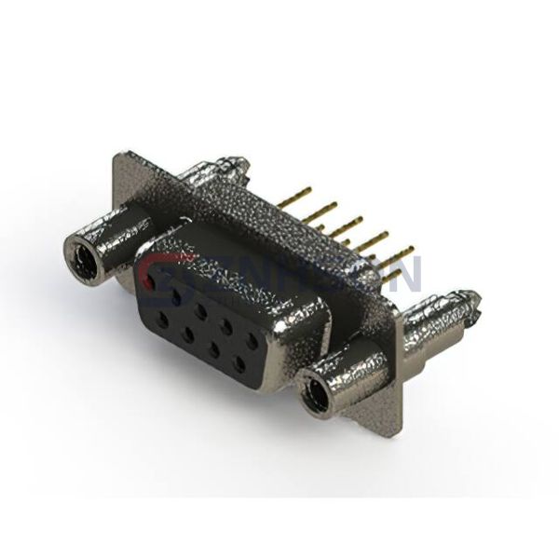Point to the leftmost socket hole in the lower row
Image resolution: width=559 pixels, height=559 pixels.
[162, 320]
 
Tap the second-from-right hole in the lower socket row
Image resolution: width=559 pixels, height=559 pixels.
[216, 351]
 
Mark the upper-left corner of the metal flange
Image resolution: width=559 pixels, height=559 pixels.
[118, 155]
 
